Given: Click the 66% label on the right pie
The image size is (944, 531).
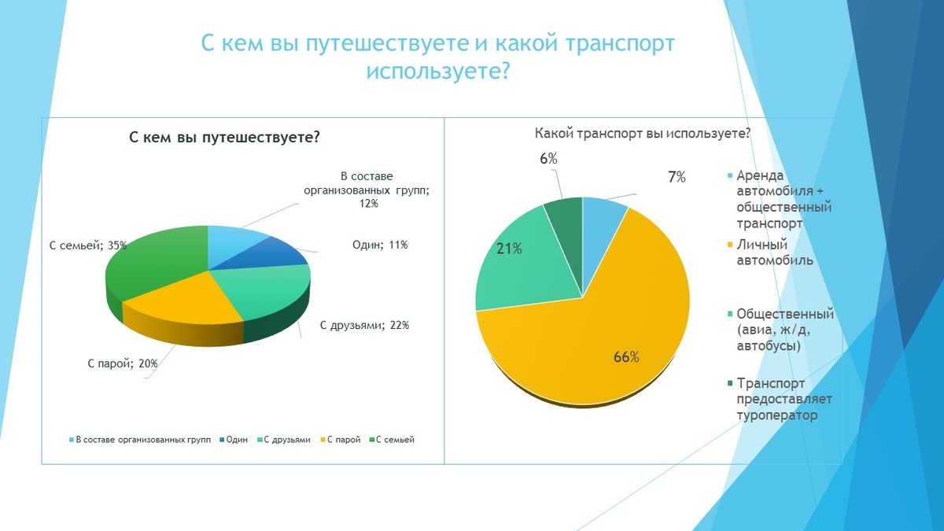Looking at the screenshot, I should [626, 357].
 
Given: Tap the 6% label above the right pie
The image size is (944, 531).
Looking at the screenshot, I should [548, 159].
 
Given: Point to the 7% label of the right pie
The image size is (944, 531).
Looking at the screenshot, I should [677, 178].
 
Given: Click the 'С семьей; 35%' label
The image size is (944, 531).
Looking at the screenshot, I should [87, 245].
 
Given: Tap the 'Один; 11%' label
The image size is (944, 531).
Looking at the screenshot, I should [379, 245].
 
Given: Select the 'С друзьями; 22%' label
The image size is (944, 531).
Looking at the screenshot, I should [364, 325].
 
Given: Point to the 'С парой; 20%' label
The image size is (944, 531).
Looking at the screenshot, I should [123, 363].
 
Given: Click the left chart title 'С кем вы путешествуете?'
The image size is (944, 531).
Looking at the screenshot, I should [224, 138].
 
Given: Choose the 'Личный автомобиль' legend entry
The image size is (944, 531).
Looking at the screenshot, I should [775, 253].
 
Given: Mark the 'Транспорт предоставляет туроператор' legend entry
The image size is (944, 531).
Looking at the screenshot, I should [784, 400].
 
